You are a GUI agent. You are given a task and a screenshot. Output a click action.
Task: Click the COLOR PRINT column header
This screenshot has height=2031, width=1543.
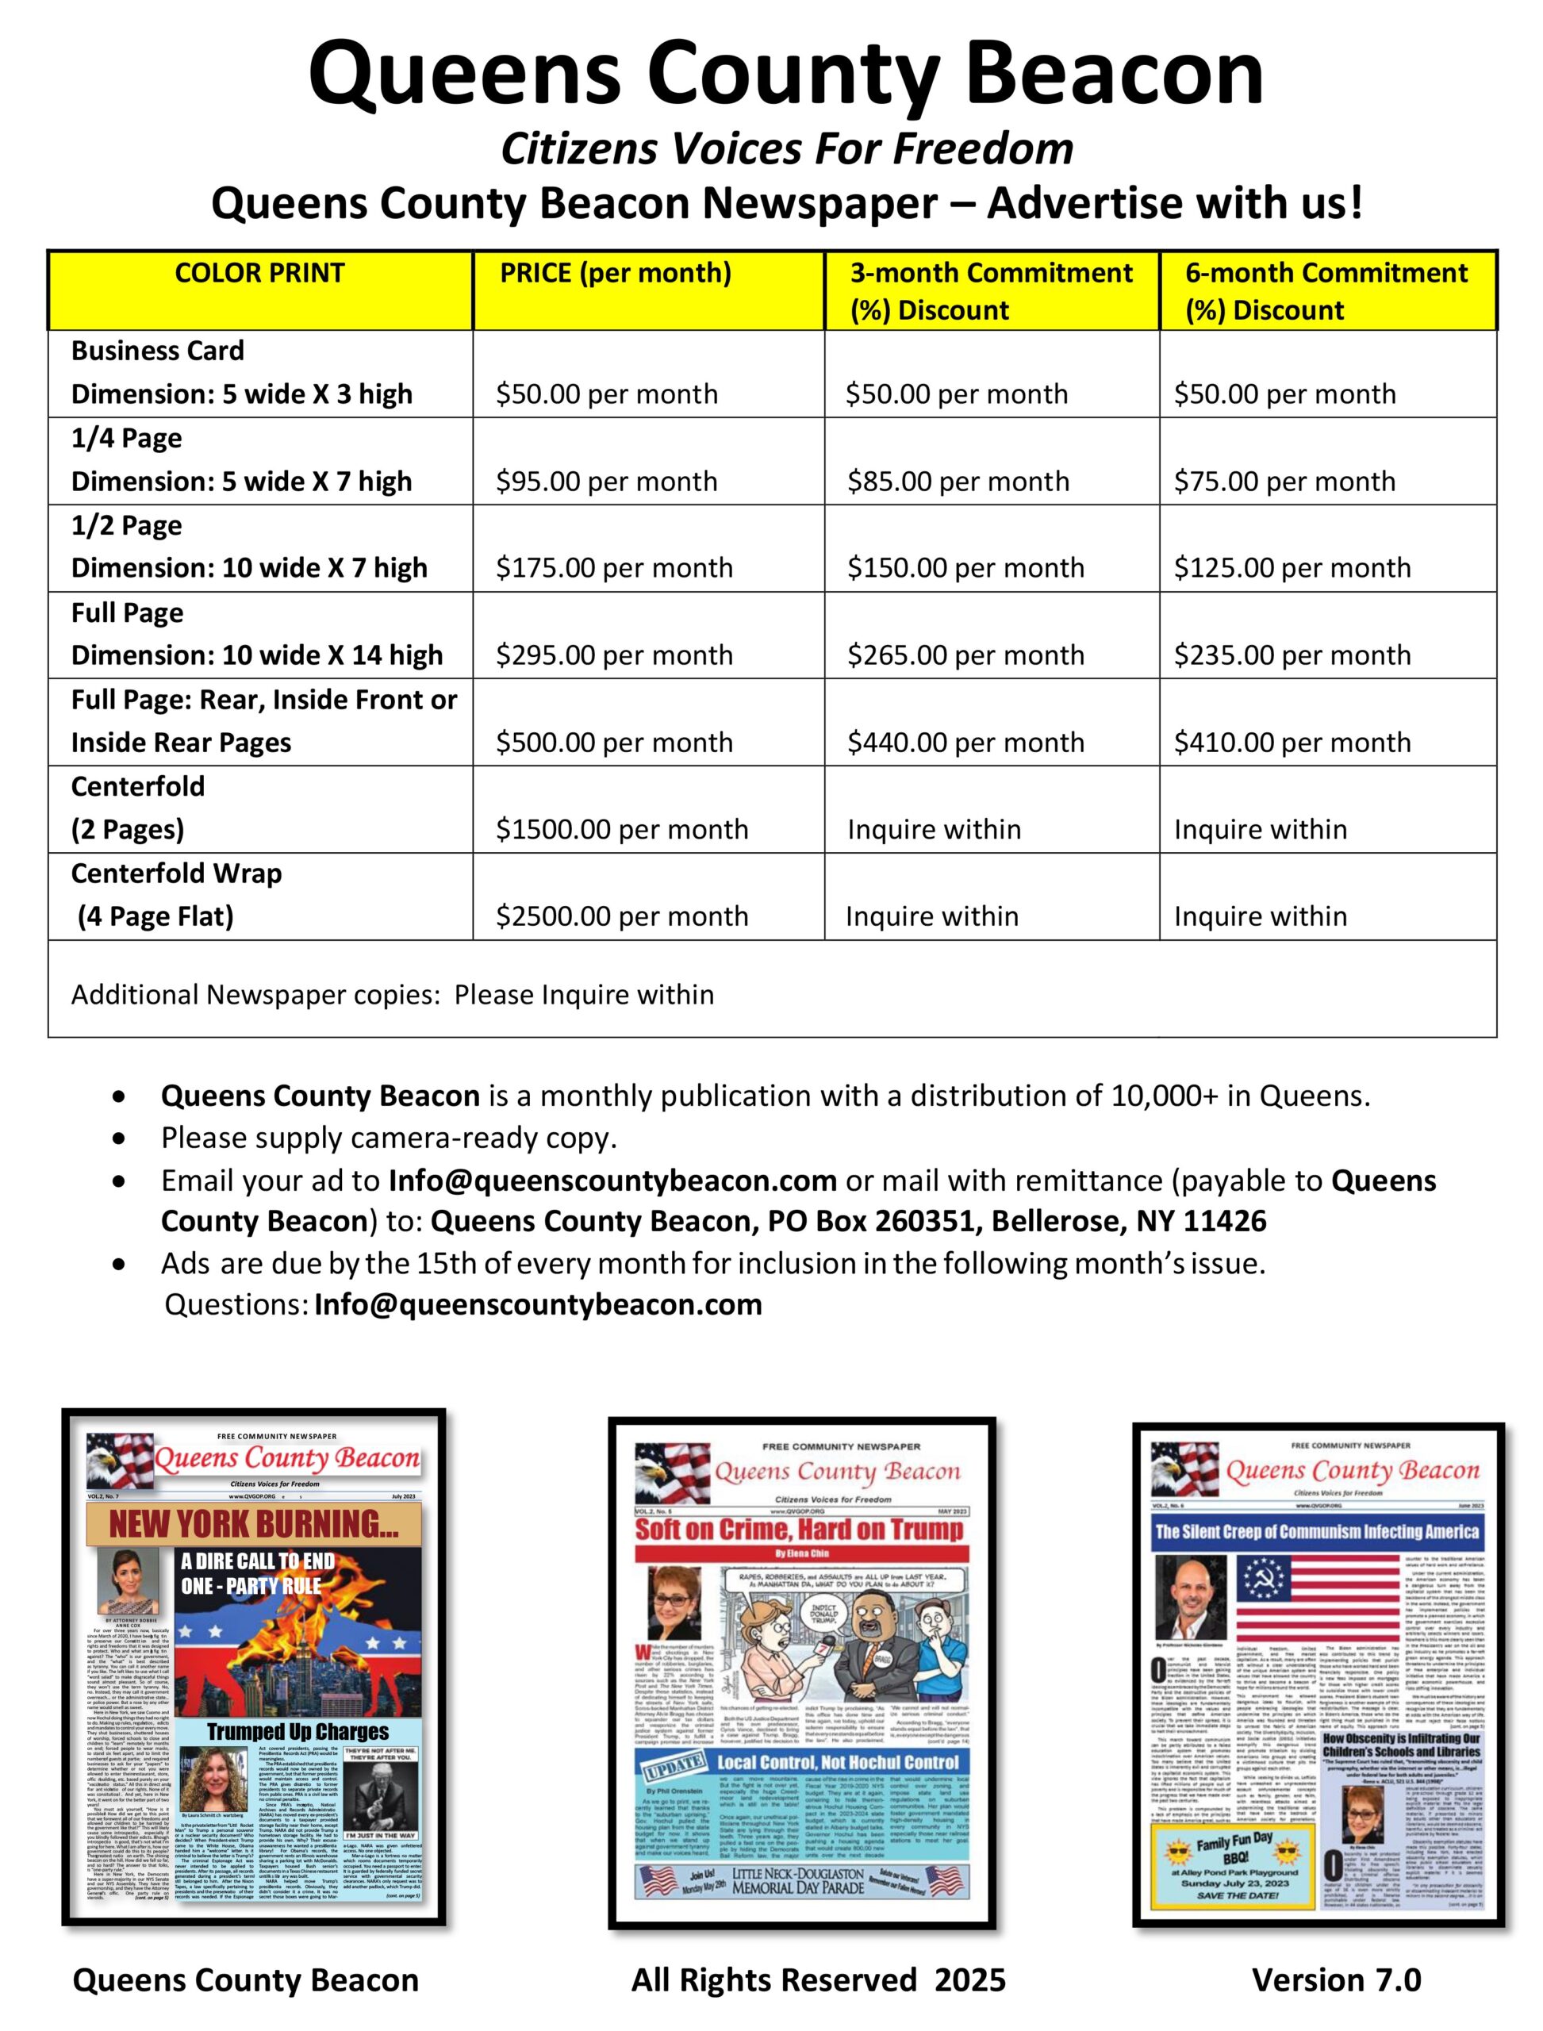(260, 273)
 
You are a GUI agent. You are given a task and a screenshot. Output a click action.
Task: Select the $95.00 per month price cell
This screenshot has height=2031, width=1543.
(606, 482)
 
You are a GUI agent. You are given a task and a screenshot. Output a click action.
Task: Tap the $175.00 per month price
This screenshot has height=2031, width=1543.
(613, 568)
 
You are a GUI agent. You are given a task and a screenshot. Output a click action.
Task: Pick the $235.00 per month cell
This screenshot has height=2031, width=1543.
(1292, 655)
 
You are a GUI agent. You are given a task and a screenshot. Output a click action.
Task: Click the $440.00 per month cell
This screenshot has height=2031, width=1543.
(965, 743)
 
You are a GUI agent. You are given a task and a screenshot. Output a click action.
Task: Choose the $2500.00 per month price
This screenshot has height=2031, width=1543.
(622, 916)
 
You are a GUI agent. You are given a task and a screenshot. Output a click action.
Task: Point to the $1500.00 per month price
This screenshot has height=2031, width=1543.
(622, 830)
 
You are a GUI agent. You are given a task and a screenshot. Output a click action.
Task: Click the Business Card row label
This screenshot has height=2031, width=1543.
(158, 351)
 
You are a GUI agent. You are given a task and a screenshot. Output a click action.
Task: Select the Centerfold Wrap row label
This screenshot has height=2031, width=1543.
(176, 873)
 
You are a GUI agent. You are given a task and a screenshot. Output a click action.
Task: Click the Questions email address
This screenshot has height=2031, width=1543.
(538, 1304)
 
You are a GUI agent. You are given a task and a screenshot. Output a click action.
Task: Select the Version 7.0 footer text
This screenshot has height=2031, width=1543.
(1337, 1979)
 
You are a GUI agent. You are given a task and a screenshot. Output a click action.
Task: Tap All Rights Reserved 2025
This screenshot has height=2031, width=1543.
(819, 1979)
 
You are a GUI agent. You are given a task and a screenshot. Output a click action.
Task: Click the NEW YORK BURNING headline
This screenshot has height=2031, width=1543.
(254, 1524)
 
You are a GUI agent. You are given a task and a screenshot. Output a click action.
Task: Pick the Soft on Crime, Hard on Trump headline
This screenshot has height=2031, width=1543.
(799, 1530)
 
